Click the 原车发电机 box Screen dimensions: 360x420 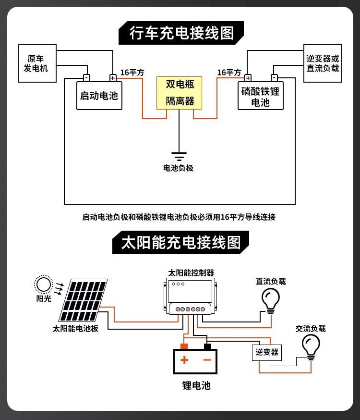tap(37, 63)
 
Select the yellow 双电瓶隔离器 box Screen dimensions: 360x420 tap(179, 93)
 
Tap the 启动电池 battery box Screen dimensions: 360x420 tap(99, 96)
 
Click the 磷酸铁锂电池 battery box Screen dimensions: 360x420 tap(261, 96)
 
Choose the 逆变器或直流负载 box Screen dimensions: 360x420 tap(323, 63)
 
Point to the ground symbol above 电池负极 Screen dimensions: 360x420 tap(179, 157)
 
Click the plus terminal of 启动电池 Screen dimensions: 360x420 tap(113, 78)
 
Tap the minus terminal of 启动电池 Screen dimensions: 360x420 tap(86, 78)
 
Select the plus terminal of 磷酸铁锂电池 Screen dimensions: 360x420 tap(248, 78)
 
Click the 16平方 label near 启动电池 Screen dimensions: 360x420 tap(132, 72)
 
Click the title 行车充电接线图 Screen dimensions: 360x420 tap(181, 33)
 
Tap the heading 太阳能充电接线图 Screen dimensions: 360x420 tap(181, 242)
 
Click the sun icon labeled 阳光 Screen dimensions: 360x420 tap(43, 284)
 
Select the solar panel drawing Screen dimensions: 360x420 tap(83, 300)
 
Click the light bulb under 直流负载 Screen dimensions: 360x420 tap(271, 301)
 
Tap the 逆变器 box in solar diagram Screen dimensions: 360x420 tap(267, 352)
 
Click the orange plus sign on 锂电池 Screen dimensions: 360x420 tap(184, 360)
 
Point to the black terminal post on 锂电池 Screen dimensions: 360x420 tap(207, 346)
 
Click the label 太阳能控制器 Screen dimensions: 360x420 tap(191, 272)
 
